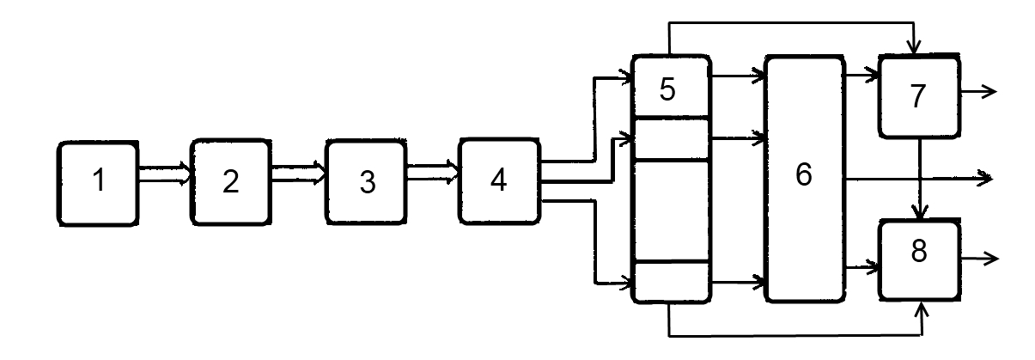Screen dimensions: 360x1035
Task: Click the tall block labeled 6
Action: pyautogui.click(x=804, y=179)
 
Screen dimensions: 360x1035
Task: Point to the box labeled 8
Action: pyautogui.click(x=918, y=259)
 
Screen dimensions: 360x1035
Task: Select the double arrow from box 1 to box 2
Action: pyautogui.click(x=164, y=176)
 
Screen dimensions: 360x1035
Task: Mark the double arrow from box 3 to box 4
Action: pyautogui.click(x=433, y=175)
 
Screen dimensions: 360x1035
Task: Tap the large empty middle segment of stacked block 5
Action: pyautogui.click(x=671, y=211)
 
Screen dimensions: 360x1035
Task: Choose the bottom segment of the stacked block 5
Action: pyautogui.click(x=671, y=281)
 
